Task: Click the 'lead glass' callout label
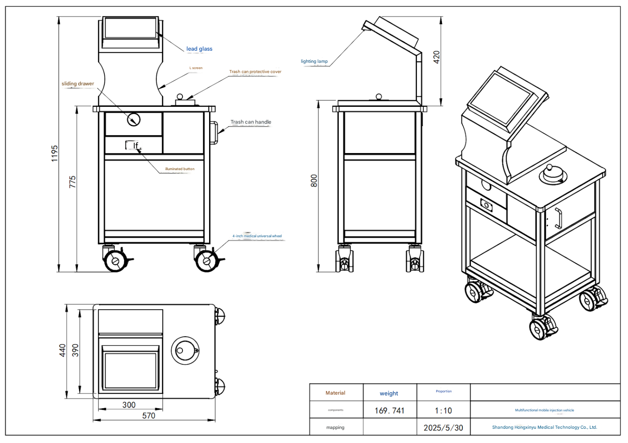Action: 199,49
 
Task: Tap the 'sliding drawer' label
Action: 78,83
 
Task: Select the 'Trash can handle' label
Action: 251,122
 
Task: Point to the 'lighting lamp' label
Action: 314,61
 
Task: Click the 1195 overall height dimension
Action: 55,153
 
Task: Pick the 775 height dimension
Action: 72,182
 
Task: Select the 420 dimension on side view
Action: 436,57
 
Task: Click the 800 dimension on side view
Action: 314,181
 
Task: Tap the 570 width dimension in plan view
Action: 149,416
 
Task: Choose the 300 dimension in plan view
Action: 129,405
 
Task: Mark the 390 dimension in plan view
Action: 75,350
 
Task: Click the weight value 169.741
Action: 389,411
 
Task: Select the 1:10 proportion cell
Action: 443,411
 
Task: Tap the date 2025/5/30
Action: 443,428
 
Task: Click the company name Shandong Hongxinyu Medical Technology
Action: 544,427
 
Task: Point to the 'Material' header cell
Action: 335,393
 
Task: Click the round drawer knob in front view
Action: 134,119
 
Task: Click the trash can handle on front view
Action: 214,133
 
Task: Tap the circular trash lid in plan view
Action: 185,350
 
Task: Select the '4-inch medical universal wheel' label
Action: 257,236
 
